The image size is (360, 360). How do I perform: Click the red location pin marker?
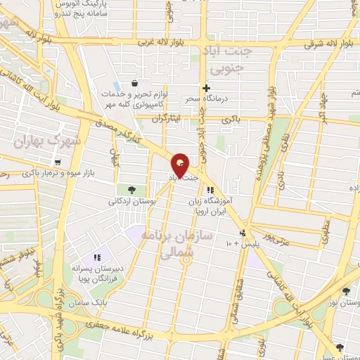181,165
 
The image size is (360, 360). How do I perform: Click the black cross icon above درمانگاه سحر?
205,88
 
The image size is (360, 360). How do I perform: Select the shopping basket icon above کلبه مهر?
134,84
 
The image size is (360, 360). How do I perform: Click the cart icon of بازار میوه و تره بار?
57,162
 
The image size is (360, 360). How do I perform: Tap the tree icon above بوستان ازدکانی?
131,189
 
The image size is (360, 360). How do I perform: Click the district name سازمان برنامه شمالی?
167,246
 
